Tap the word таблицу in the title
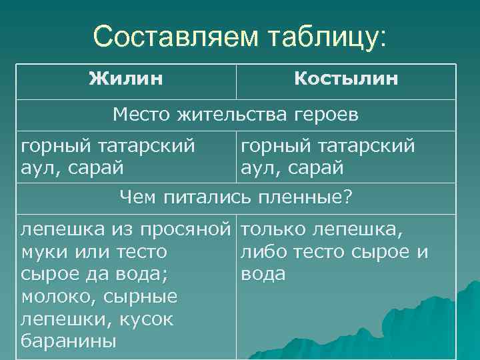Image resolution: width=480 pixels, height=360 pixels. pos(319,37)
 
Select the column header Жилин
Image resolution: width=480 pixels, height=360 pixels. pos(126,80)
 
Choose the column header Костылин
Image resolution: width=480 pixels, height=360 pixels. pos(346,80)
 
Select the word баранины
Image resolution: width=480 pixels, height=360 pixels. pos(69,341)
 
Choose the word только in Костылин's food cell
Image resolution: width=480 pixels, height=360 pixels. pos(272,230)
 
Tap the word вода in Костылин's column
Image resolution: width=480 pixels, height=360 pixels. pos(263,275)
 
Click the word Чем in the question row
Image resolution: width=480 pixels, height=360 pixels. pos(135,197)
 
